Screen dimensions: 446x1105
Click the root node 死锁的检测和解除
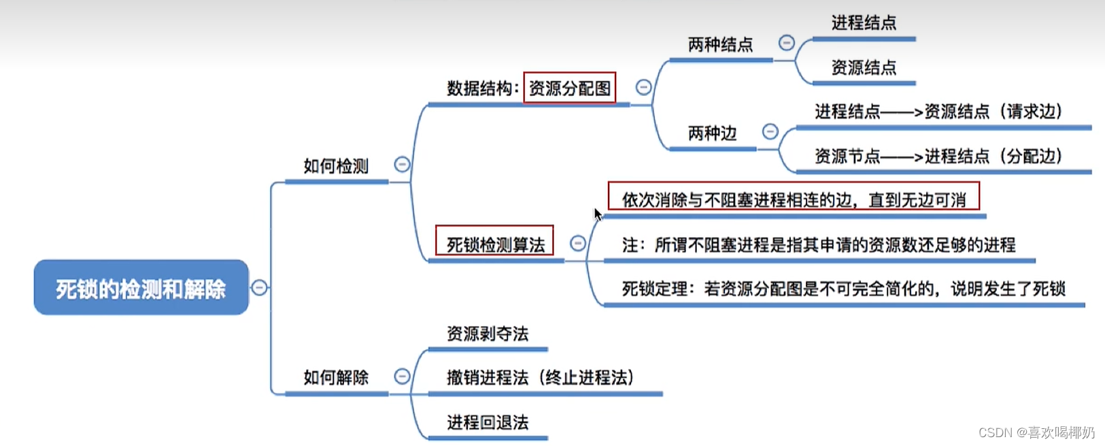tap(141, 288)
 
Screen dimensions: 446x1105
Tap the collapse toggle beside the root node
tap(259, 287)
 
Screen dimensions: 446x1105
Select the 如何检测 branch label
tap(336, 166)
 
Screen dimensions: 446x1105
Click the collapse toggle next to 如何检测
tap(402, 164)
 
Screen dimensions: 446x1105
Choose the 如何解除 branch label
tap(336, 377)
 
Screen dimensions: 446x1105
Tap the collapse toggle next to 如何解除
tap(402, 376)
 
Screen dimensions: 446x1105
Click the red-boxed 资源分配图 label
tap(569, 89)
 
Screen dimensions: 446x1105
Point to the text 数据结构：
tap(483, 89)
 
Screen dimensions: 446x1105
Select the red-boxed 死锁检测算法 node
tap(495, 244)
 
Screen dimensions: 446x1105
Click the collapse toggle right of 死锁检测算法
tap(577, 243)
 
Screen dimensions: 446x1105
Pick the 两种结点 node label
tap(720, 45)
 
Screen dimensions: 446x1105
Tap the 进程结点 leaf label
tap(864, 23)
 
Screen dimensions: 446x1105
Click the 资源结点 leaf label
tap(864, 67)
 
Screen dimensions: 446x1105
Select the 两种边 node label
tap(712, 133)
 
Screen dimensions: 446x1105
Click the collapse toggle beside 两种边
tap(770, 131)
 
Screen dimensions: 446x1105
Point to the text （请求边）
tap(1031, 112)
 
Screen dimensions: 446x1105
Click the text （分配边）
tap(1031, 157)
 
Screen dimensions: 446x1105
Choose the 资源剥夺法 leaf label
tap(488, 334)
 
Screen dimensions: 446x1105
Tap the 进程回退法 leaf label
tap(488, 422)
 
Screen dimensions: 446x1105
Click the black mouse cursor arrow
tap(597, 214)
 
